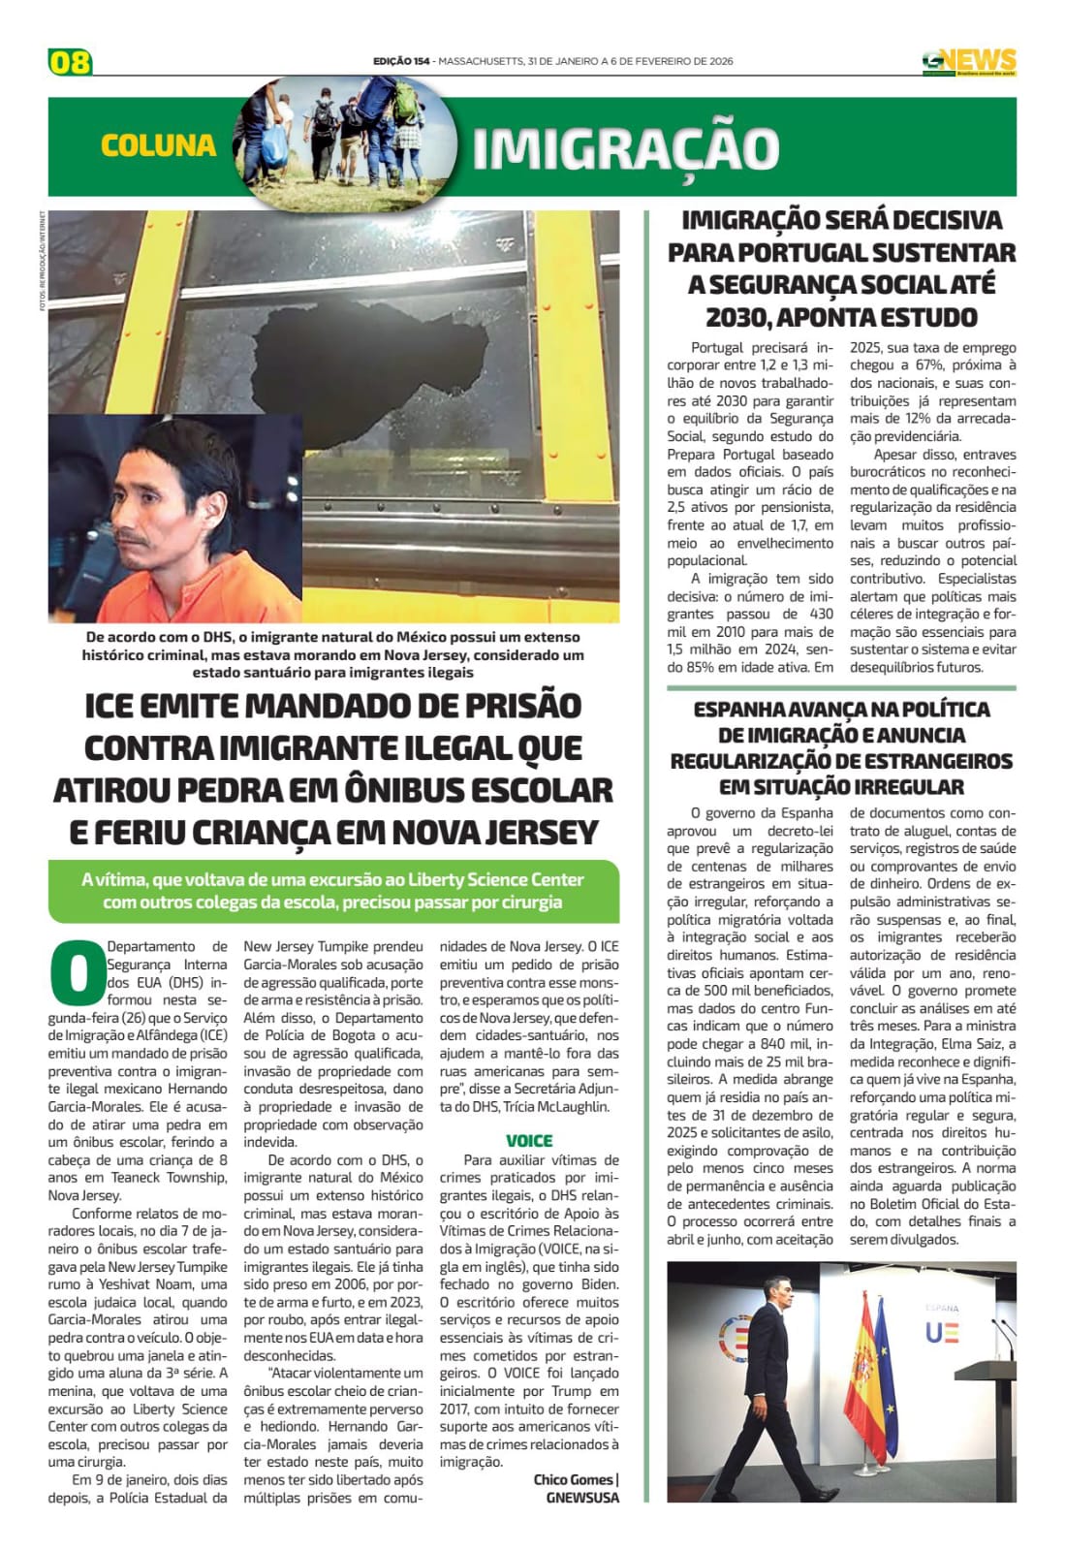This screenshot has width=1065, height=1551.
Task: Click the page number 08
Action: [70, 62]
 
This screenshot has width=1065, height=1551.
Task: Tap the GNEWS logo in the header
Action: [969, 61]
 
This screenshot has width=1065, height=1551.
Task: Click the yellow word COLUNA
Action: [158, 145]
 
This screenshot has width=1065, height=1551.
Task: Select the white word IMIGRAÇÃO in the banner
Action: [626, 148]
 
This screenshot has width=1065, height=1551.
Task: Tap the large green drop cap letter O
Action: [76, 972]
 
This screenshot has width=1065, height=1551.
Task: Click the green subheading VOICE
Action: [529, 1141]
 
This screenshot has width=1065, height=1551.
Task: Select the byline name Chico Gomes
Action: [573, 1479]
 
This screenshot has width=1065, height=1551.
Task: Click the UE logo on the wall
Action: [942, 1332]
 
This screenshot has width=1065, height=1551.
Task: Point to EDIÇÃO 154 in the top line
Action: [401, 61]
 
